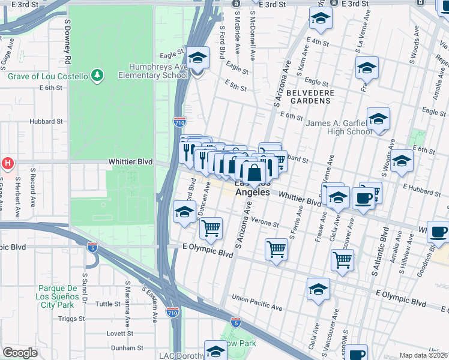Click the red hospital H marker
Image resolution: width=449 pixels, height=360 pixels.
click(x=7, y=163)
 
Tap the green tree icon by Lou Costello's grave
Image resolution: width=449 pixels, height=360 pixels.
click(x=97, y=75)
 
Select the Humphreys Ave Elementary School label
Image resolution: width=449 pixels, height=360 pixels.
click(x=154, y=71)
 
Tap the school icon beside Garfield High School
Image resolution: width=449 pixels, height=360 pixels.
click(x=378, y=118)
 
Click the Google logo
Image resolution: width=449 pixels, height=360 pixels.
click(x=20, y=353)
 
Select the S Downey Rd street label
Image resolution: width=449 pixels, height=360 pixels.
click(x=67, y=47)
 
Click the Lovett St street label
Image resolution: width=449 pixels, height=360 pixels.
click(x=119, y=333)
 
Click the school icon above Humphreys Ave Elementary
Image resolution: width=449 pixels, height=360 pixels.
click(x=197, y=58)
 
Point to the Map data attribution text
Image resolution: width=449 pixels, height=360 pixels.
click(x=424, y=355)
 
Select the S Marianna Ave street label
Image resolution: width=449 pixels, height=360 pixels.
click(x=128, y=299)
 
